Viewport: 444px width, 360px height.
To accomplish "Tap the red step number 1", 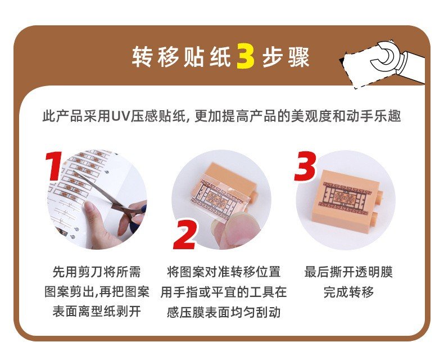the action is [54, 166].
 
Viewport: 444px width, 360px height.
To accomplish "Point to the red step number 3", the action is [305, 166].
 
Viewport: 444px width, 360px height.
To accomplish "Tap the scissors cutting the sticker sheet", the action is [114, 199].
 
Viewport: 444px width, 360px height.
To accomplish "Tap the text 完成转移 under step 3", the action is [348, 292].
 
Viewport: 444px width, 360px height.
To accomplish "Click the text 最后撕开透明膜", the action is [348, 272].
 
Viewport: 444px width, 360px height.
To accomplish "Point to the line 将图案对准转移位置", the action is [224, 272].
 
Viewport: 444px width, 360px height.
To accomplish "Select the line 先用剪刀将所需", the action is [97, 272].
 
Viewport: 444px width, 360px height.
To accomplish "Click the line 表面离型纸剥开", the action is [97, 312].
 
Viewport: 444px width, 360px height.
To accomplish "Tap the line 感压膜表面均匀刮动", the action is [224, 312].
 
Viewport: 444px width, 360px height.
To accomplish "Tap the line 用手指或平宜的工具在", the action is [224, 292].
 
